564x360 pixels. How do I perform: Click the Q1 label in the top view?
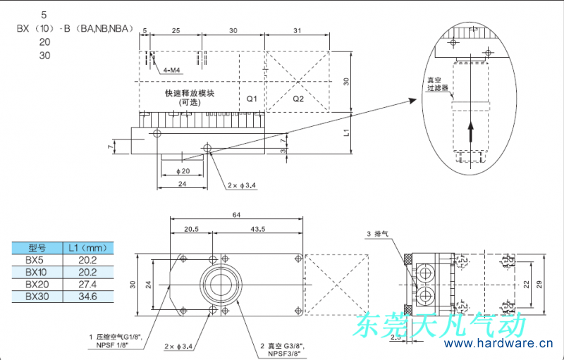pyautogui.click(x=252, y=99)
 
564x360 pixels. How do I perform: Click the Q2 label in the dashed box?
pyautogui.click(x=298, y=99)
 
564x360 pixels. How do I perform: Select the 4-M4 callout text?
pyautogui.click(x=172, y=70)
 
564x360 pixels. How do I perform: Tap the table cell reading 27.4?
pyautogui.click(x=88, y=284)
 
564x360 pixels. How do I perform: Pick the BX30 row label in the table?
pyautogui.click(x=36, y=297)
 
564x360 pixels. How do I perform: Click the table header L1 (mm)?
pyautogui.click(x=88, y=247)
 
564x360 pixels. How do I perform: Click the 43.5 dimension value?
pyautogui.click(x=257, y=230)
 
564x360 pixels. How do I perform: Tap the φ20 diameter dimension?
pyautogui.click(x=181, y=171)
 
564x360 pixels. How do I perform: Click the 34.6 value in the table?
pyautogui.click(x=88, y=297)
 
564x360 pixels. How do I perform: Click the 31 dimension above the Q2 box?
pyautogui.click(x=297, y=30)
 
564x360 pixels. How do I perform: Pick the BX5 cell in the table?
pyautogui.click(x=36, y=260)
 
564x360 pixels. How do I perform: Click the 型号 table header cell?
pyautogui.click(x=36, y=247)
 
